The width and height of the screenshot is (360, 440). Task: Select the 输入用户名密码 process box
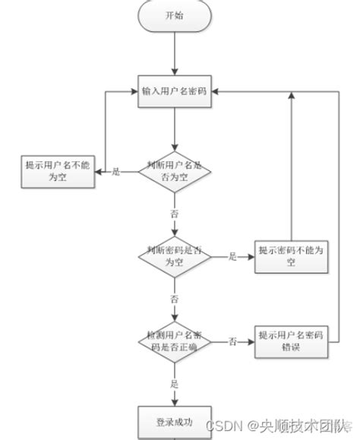pyautogui.click(x=175, y=90)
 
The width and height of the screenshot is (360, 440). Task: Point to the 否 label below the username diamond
pyautogui.click(x=175, y=215)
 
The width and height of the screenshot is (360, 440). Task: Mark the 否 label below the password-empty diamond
pyautogui.click(x=175, y=299)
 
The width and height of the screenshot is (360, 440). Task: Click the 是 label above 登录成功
pyautogui.click(x=175, y=384)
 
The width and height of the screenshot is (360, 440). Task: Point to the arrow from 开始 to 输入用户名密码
pyautogui.click(x=175, y=53)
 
